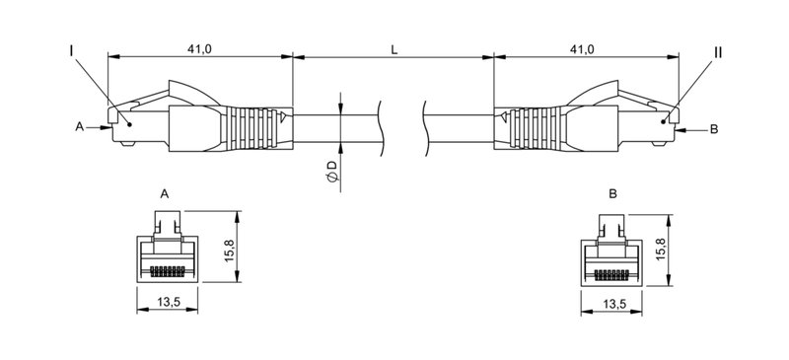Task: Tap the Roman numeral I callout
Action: pos(72,49)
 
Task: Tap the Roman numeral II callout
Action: pos(718,49)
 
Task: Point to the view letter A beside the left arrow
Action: pos(79,127)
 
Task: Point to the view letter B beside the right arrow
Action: pos(714,128)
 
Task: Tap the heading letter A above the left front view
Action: pos(165,194)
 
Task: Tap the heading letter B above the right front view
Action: pos(612,194)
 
